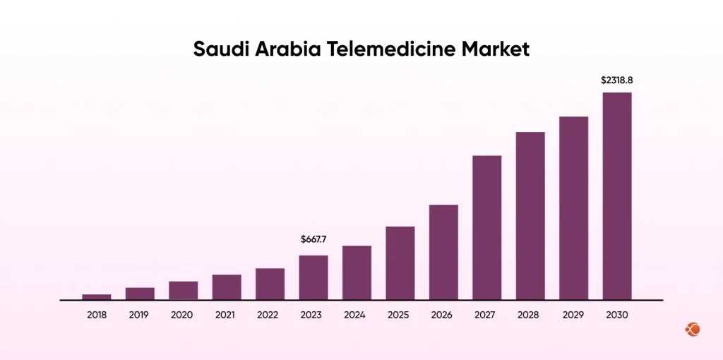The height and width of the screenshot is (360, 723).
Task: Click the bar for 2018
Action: coord(97,296)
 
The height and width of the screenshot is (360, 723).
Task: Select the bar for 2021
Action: coord(227,287)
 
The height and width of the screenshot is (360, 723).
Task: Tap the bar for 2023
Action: coord(313,277)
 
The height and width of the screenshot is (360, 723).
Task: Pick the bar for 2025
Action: coord(400,263)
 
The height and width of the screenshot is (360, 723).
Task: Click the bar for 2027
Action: coord(487,227)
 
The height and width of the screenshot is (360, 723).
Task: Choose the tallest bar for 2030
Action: coord(617,196)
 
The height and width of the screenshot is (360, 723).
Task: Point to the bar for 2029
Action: coord(574,208)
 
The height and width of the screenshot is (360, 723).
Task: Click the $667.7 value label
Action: coord(313,240)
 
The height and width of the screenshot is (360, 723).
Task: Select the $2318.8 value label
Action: coord(617,80)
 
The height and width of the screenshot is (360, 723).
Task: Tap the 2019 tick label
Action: coord(140,315)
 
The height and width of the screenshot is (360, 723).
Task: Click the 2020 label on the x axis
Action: coord(183,315)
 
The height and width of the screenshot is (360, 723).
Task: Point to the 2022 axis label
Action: coord(270,315)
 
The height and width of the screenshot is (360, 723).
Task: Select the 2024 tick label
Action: coord(357,315)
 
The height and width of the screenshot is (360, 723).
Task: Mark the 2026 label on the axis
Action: coord(443,315)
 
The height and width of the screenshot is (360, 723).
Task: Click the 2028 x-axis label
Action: coord(530,315)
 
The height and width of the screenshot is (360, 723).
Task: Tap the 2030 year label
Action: coord(617,315)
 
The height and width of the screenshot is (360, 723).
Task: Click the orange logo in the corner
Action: coord(692,330)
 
